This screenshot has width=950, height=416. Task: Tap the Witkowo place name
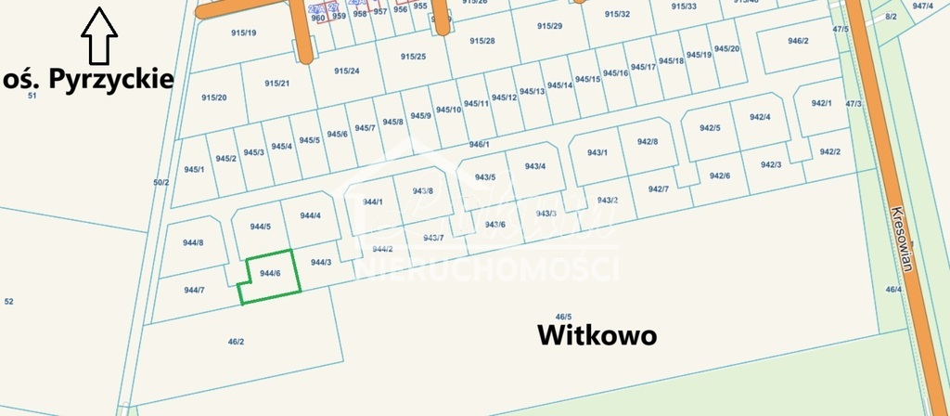point(597,335)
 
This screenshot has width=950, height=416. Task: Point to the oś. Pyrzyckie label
point(89,78)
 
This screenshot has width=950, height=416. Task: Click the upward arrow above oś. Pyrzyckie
point(98,35)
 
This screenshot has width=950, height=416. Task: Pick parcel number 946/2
point(798,41)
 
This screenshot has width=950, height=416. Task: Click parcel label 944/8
point(193,242)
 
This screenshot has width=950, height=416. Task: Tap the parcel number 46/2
point(236,342)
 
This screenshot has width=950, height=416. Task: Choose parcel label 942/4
point(760,116)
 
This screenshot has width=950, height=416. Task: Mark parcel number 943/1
point(597,152)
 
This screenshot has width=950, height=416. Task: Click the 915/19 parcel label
point(243,32)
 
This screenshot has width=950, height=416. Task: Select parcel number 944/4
point(311,215)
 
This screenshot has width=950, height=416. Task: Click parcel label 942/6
point(720,175)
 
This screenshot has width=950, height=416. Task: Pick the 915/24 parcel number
point(347,71)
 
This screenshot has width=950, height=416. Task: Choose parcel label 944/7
point(194,290)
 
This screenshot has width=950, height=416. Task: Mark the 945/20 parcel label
point(728,48)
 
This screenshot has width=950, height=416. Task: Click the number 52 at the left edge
point(9,301)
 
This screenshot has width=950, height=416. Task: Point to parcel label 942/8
point(648,141)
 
